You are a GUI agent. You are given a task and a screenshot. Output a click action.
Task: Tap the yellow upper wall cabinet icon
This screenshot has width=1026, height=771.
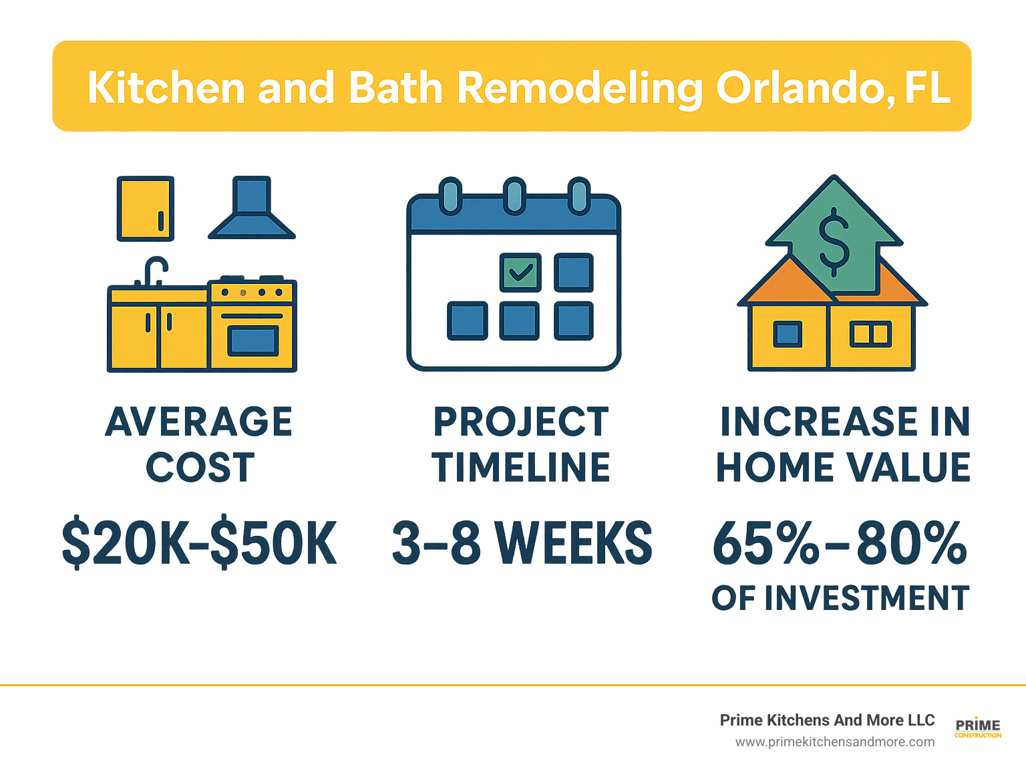coord(145,208)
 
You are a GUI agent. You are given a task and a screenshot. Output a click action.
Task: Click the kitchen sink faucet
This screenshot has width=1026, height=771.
coord(154,271)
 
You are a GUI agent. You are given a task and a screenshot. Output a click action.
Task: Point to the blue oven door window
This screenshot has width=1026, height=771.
coord(252,341)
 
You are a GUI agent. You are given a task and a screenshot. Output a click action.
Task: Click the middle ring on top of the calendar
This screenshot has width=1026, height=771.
coord(514,196)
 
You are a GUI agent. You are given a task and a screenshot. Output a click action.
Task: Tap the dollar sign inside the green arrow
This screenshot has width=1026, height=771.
coord(834,242)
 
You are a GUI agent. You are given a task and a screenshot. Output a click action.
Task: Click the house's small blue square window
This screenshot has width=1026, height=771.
coord(788,333)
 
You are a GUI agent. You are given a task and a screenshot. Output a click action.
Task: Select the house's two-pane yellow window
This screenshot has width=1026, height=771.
coord(870,333)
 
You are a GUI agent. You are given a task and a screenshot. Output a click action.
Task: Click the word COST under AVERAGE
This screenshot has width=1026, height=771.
coord(200,467)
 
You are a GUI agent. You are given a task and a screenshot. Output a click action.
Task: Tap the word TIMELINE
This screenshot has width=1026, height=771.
coord(521,467)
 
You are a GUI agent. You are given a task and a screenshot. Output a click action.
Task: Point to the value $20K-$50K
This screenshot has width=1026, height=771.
coord(199,544)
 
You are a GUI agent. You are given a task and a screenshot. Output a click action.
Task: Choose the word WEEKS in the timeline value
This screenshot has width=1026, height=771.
coord(576,544)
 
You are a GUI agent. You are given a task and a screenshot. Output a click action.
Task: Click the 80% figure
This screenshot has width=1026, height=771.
coord(912,544)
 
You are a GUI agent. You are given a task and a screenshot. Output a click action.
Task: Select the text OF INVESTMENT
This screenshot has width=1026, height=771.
coord(840,598)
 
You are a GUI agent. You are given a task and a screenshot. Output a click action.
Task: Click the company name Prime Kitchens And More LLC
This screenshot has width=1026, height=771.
coord(827,720)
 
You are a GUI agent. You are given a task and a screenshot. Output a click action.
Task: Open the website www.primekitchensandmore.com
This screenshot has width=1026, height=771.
coord(835,742)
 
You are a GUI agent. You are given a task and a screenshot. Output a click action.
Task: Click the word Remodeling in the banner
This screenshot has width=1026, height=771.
coord(580,88)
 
